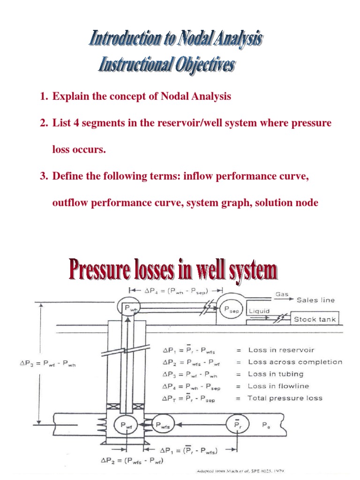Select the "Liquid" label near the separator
(x=259, y=310)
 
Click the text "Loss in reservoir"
(x=281, y=350)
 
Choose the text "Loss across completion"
(x=295, y=362)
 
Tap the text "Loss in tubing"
(x=276, y=374)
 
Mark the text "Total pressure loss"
(x=285, y=398)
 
